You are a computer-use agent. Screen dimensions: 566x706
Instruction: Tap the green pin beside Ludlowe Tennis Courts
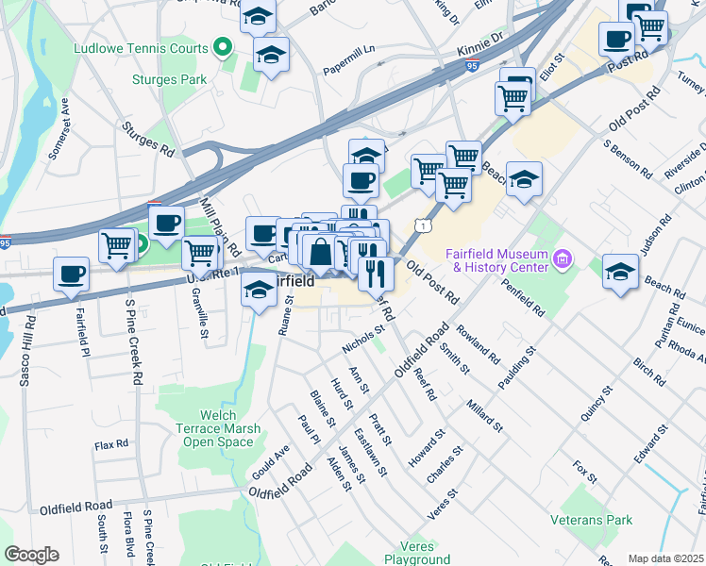click(x=223, y=45)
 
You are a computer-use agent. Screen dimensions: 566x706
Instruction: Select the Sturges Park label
click(x=169, y=80)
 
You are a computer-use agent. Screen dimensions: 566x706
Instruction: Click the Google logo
click(x=30, y=555)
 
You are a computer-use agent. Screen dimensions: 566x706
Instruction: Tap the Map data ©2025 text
click(x=664, y=558)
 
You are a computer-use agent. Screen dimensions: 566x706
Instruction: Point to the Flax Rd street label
click(x=110, y=443)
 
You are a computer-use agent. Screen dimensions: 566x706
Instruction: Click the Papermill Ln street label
click(x=348, y=58)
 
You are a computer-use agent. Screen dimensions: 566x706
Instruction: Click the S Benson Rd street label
click(x=628, y=159)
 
